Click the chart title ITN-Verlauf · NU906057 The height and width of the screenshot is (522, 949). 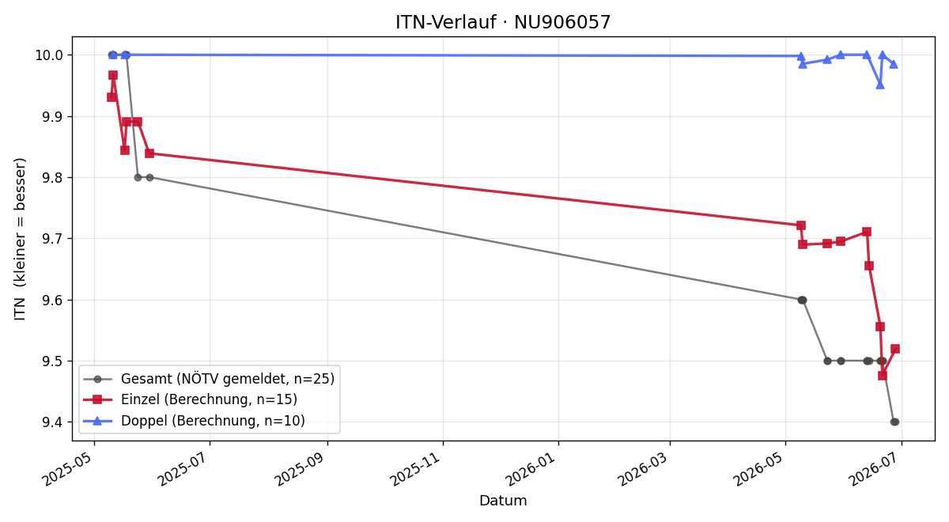click(503, 22)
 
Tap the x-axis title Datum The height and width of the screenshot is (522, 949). click(503, 501)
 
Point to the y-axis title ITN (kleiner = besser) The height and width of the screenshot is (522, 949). click(20, 239)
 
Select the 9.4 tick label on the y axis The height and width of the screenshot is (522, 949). click(52, 422)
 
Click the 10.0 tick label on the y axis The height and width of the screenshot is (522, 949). click(49, 55)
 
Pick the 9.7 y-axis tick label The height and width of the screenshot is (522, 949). click(52, 239)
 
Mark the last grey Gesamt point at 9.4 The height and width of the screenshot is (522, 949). click(894, 422)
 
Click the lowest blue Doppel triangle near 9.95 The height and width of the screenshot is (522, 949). click(880, 85)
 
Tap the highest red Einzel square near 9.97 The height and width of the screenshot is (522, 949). click(113, 75)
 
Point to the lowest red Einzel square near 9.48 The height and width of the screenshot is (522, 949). click(883, 376)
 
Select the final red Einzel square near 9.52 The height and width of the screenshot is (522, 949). click(895, 349)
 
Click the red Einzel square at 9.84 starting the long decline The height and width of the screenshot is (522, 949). click(149, 153)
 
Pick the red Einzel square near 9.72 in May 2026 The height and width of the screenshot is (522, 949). click(800, 225)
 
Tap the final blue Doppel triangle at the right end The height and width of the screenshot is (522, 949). click(894, 64)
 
